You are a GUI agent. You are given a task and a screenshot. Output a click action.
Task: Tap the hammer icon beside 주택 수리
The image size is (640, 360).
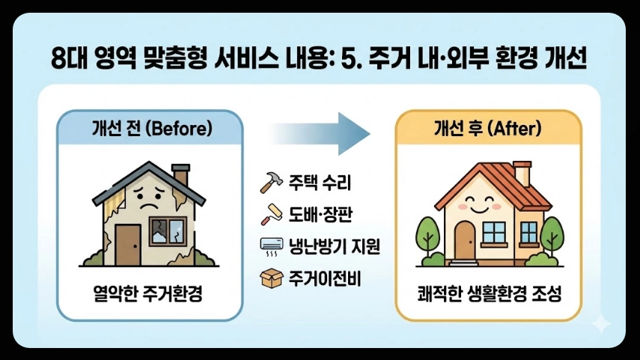(268, 182)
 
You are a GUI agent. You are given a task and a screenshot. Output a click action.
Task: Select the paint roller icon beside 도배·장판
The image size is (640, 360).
(267, 216)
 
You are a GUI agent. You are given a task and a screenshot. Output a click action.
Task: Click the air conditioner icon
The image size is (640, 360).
(268, 246)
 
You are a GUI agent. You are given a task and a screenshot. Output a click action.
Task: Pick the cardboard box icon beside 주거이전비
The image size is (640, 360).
(267, 278)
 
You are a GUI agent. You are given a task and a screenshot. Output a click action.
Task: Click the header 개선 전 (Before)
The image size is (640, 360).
(149, 128)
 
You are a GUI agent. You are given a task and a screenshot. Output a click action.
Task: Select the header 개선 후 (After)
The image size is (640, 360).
(488, 128)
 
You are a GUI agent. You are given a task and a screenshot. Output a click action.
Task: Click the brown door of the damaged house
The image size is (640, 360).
(127, 240)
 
